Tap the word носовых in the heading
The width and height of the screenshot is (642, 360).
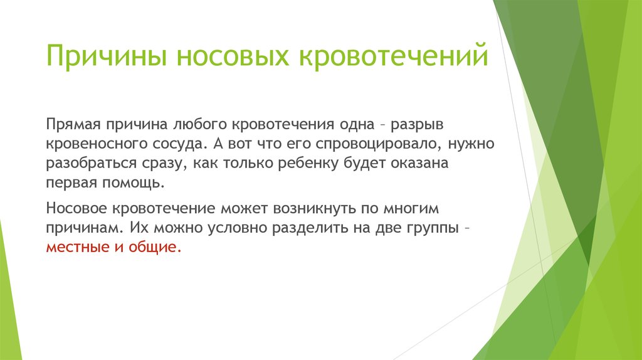pyautogui.click(x=233, y=56)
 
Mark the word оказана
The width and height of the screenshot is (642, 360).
pyautogui.click(x=419, y=164)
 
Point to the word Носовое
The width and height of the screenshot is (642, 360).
pyautogui.click(x=76, y=208)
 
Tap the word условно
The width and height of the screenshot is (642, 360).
pyautogui.click(x=237, y=228)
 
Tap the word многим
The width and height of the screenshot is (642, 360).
pyautogui.click(x=411, y=208)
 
